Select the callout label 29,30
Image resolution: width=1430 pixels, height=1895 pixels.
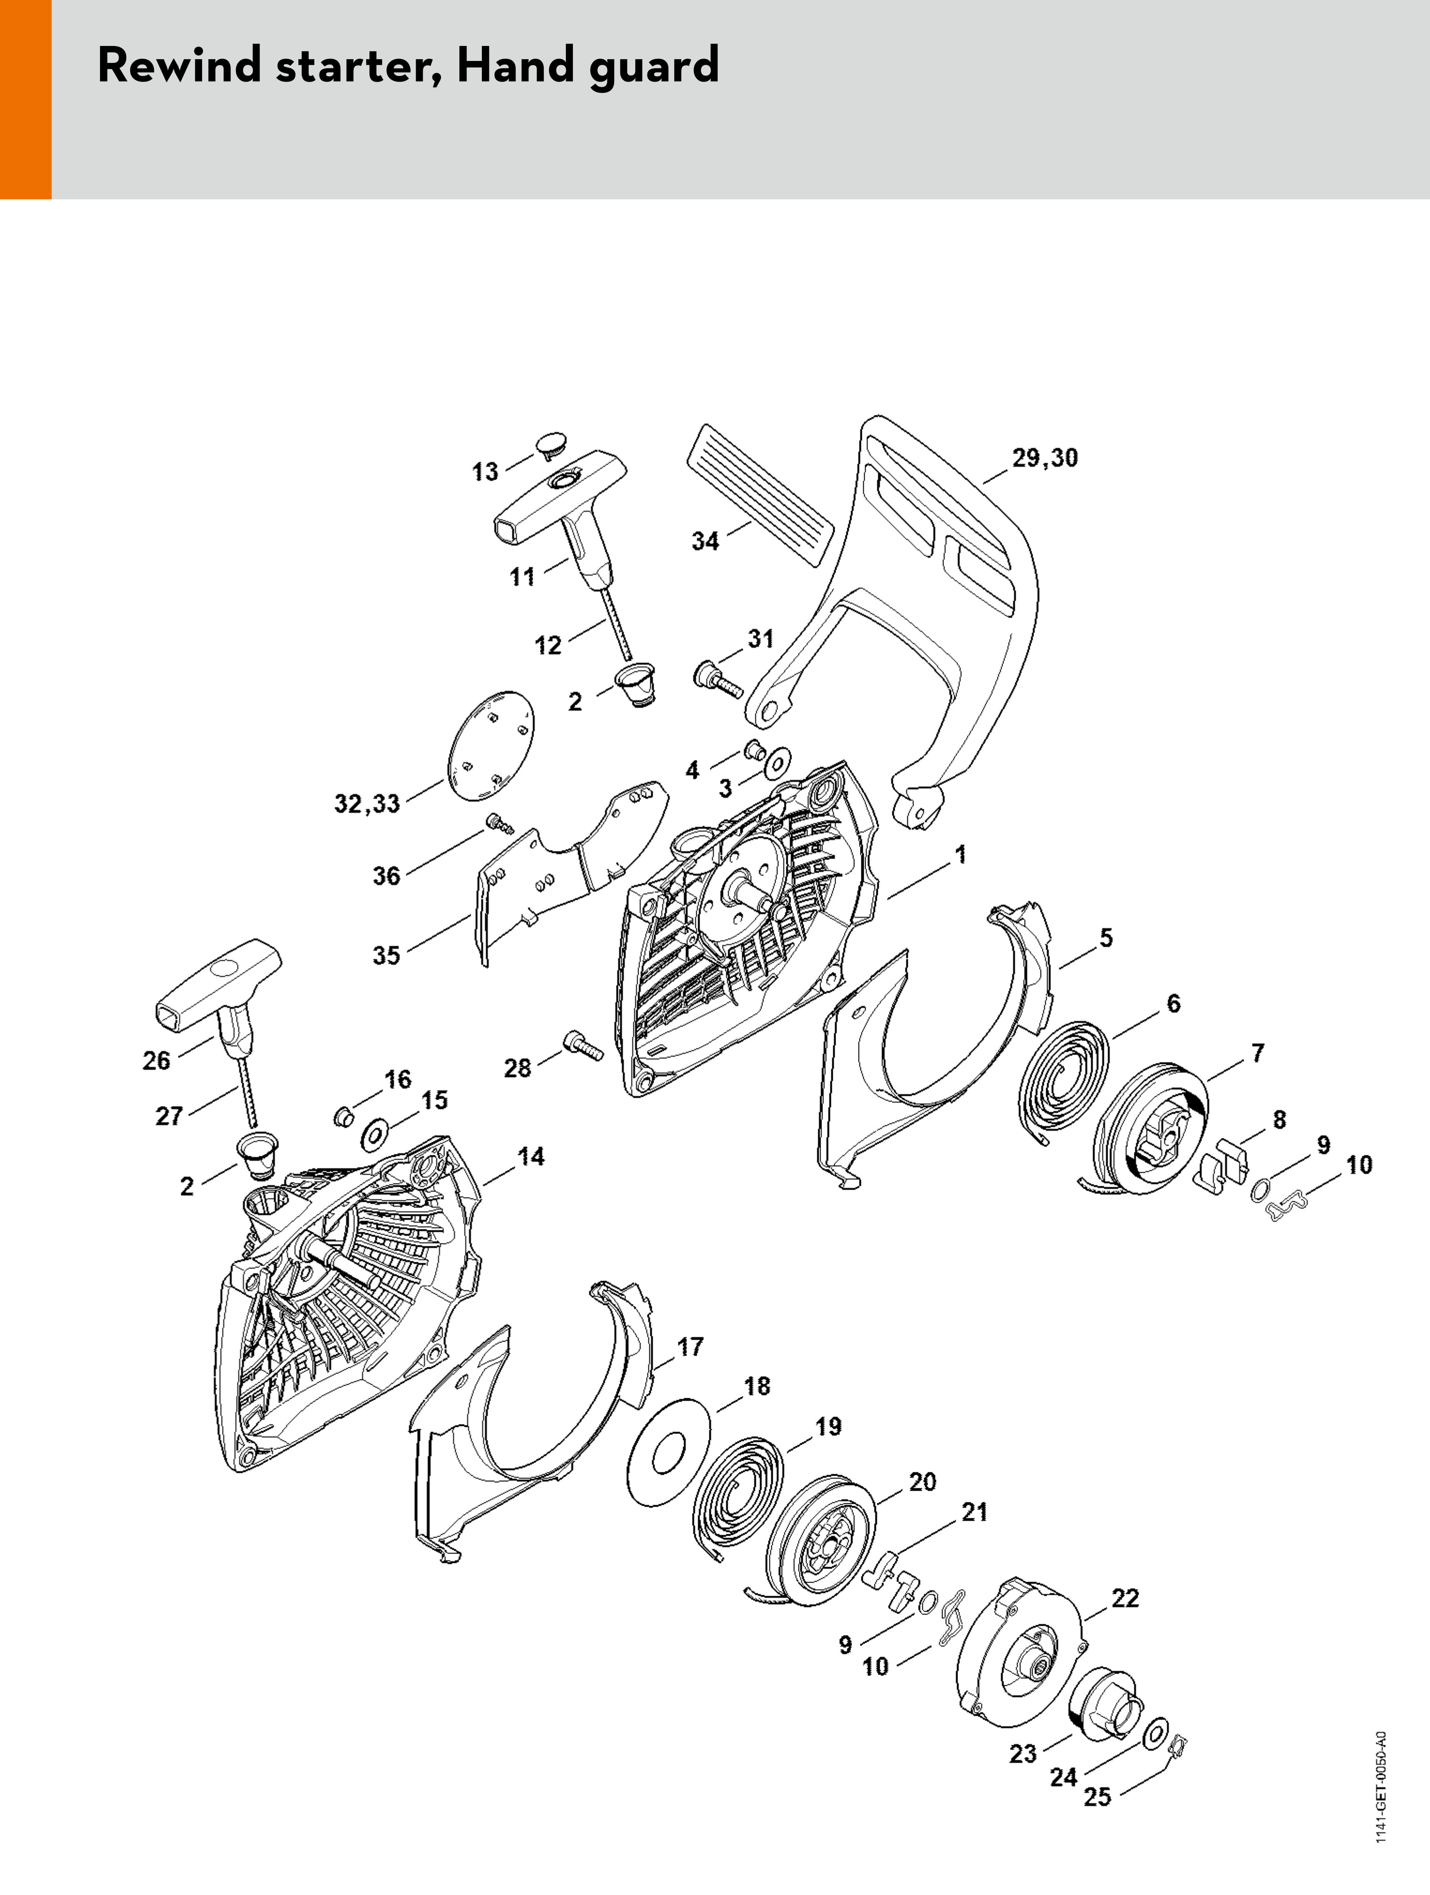click(1045, 458)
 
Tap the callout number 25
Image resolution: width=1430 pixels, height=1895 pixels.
click(1097, 1773)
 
